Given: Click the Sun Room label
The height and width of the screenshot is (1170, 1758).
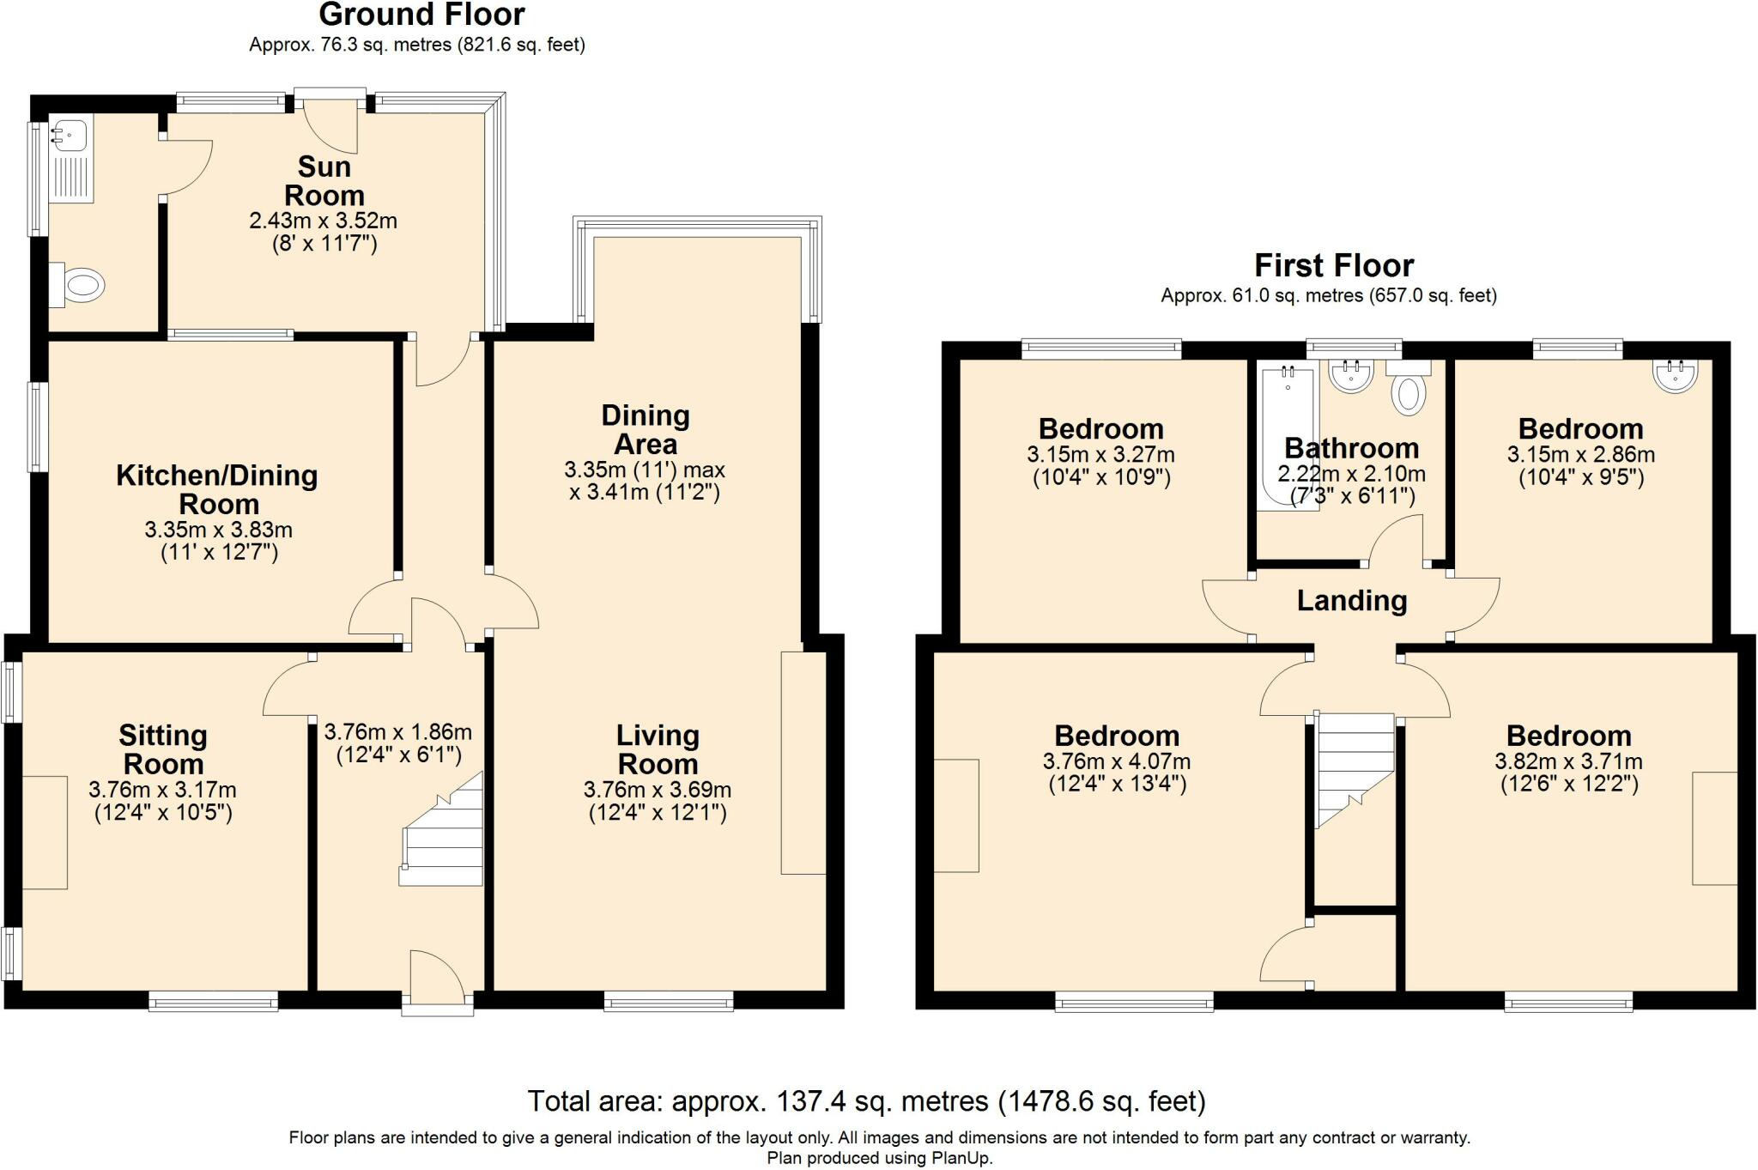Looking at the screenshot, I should (324, 180).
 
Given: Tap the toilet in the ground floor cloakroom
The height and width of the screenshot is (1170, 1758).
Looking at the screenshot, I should (81, 285).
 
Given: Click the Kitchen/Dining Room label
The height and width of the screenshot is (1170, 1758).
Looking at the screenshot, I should (217, 489).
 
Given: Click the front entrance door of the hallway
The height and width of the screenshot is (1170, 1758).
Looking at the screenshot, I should (438, 979).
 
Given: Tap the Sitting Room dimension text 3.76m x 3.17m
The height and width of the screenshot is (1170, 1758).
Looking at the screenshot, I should (162, 790).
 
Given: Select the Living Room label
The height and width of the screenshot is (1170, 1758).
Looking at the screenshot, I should (658, 749).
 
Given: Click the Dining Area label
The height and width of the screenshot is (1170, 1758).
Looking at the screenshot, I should (646, 429).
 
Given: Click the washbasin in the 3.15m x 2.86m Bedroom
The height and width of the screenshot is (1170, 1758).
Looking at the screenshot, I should (1675, 375).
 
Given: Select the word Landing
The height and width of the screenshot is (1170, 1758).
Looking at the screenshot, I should (1351, 601).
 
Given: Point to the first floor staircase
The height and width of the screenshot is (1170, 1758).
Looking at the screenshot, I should (1354, 768).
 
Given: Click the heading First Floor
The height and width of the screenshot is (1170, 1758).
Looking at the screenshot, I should (1333, 265).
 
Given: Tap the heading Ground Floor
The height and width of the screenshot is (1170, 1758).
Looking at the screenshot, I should (421, 15).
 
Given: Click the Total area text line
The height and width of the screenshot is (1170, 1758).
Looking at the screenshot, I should (866, 1100).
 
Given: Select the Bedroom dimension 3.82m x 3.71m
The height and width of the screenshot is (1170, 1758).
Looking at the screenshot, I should (1568, 761).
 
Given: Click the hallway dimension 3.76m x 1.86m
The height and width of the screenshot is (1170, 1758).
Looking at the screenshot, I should (397, 732).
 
